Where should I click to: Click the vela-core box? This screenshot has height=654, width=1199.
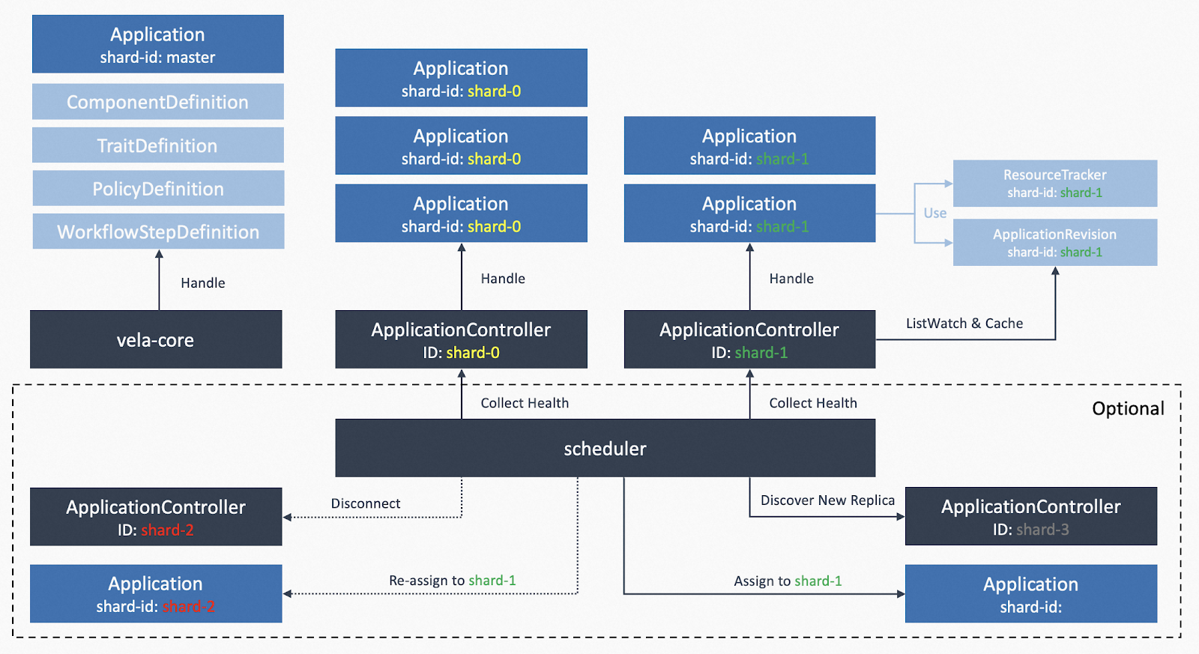click(x=156, y=339)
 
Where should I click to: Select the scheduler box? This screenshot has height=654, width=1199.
click(x=605, y=448)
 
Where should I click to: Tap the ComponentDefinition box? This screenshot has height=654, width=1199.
click(x=158, y=101)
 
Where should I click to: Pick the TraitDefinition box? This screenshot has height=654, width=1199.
click(x=158, y=145)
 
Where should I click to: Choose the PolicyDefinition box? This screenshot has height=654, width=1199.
click(x=158, y=188)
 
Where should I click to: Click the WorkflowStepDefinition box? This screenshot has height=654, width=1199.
click(x=158, y=231)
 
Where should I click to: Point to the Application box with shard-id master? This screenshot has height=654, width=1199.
click(x=158, y=44)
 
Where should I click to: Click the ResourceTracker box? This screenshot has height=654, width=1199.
click(x=1055, y=184)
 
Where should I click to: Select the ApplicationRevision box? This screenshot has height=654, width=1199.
click(x=1055, y=243)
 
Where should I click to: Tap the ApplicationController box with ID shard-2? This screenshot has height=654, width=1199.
click(x=156, y=516)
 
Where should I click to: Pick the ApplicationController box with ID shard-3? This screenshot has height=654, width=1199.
click(x=1031, y=516)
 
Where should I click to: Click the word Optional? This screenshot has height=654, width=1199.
click(x=1128, y=408)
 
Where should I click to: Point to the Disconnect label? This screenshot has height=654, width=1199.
click(x=366, y=503)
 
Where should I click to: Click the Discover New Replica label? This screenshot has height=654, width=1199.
click(x=827, y=500)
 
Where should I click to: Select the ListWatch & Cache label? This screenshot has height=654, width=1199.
click(x=964, y=323)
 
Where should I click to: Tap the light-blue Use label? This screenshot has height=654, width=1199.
click(x=935, y=213)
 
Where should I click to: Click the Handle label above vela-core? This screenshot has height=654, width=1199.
click(x=203, y=282)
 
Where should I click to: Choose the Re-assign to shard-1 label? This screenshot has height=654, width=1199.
click(x=453, y=581)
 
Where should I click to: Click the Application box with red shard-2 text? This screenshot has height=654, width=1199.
click(x=156, y=593)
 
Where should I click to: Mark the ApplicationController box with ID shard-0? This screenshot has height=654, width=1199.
click(x=462, y=339)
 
